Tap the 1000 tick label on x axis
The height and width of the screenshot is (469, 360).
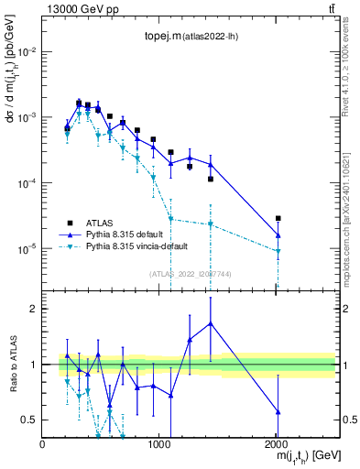click(x=159, y=445)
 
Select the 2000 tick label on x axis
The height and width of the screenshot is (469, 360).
click(x=278, y=445)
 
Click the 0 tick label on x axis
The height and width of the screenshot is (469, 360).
click(x=43, y=445)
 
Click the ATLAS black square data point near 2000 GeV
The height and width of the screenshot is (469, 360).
click(x=278, y=218)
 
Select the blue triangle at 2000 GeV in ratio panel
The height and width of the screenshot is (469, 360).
click(x=278, y=411)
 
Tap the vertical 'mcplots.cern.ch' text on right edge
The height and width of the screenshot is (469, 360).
click(x=351, y=220)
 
